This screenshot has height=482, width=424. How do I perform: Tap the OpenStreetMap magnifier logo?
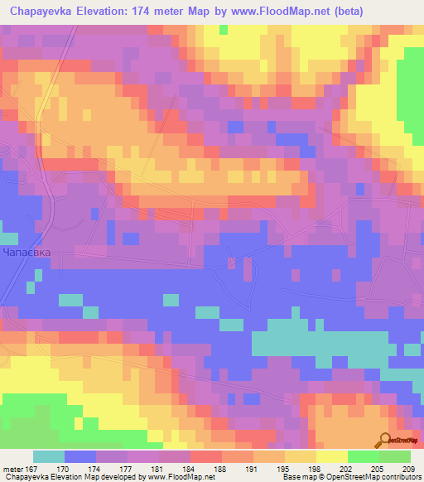[386, 440]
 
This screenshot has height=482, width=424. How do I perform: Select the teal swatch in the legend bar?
[48, 456]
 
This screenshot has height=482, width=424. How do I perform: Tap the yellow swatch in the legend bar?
[331, 456]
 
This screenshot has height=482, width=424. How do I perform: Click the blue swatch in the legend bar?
[79, 456]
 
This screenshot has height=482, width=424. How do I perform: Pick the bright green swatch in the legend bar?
[363, 456]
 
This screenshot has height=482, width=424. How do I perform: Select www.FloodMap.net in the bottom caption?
[186, 478]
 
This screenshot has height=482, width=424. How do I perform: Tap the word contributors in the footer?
[398, 478]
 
